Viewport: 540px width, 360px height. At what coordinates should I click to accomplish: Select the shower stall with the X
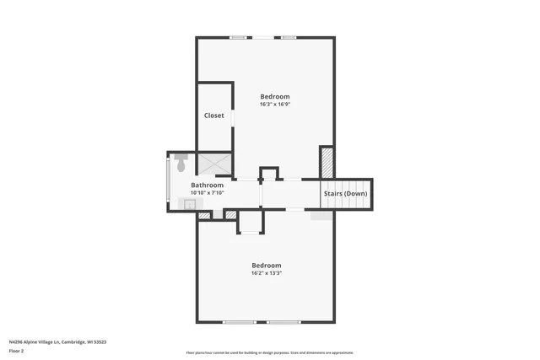coord(214,163)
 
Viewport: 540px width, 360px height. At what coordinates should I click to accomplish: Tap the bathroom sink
coord(189,203)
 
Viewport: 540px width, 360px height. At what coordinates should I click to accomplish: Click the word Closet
coord(214,116)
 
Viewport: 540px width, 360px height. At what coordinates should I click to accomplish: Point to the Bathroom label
coord(207,185)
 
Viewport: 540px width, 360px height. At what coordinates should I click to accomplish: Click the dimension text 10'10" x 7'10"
coord(207,192)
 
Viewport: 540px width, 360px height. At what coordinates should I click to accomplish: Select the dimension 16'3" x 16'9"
coord(275,105)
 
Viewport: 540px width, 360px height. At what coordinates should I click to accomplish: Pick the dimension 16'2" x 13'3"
coord(266,273)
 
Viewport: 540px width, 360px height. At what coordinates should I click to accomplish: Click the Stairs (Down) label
coord(345,194)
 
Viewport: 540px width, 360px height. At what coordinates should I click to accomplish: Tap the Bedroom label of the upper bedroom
coord(275,96)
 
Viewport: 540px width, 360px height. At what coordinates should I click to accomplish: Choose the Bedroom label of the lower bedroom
coord(266,265)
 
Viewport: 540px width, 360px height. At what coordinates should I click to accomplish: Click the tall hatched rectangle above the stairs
coord(327,161)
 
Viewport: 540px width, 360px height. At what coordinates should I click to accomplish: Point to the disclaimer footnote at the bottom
coord(270,352)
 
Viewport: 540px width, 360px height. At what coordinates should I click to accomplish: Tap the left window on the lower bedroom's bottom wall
coord(239,321)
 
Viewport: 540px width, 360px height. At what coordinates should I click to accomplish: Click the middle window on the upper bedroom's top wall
coord(264,37)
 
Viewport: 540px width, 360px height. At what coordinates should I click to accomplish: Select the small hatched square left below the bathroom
coord(203,215)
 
